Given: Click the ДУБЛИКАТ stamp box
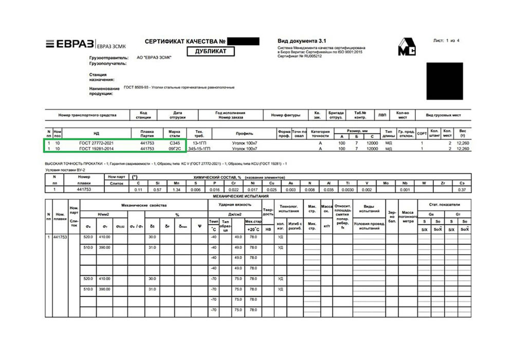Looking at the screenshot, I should [x=214, y=51].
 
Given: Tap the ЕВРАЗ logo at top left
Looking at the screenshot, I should [x=66, y=45].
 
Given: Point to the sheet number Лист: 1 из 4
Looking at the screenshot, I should [x=447, y=40].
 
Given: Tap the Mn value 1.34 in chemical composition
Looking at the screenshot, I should [x=177, y=190].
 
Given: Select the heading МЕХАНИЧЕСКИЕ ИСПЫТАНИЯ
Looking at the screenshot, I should [x=256, y=196].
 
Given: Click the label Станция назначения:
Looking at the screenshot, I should [x=101, y=77].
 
